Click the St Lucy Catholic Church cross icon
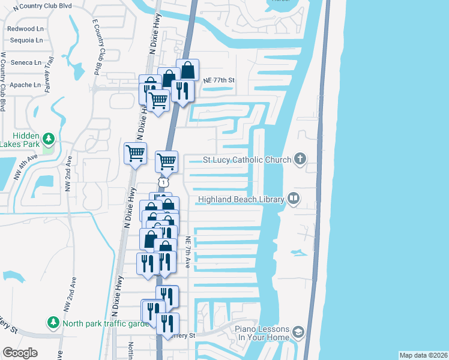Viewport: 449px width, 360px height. (301, 160)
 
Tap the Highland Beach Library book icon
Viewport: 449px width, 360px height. (294, 199)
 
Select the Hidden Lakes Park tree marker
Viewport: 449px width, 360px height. (49, 139)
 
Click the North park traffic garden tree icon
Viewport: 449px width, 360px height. (53, 323)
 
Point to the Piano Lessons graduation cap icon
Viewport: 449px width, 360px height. (298, 333)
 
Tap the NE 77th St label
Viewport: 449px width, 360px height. (217, 80)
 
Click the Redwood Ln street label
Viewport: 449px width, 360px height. (26, 29)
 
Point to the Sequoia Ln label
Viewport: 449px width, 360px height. (26, 41)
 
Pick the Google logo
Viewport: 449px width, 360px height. (20, 353)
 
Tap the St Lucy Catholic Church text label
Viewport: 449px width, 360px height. (246, 160)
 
